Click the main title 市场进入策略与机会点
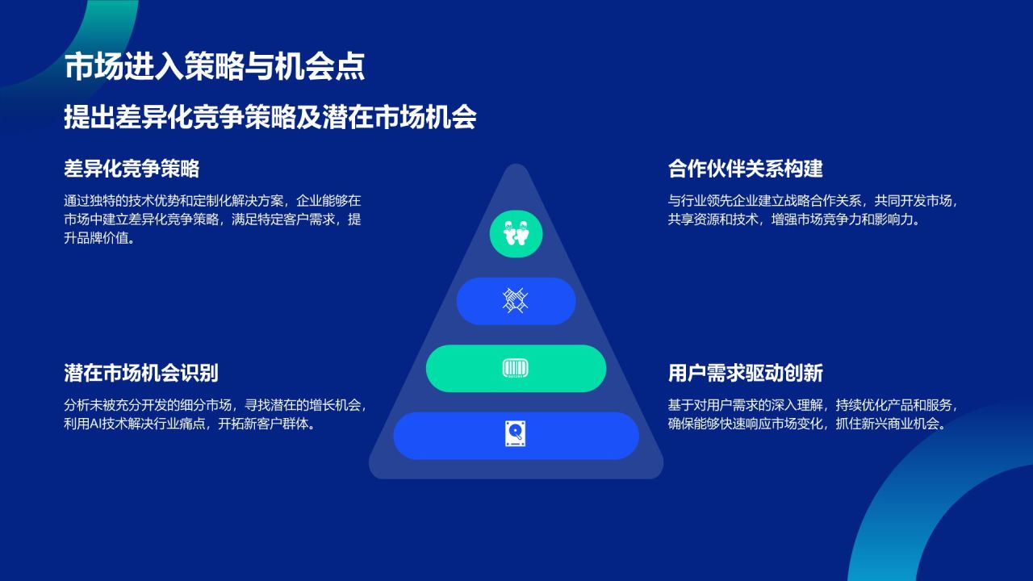tap(214, 67)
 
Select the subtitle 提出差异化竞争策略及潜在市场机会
tap(270, 118)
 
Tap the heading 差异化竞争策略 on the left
tap(132, 169)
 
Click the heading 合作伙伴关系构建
tap(745, 169)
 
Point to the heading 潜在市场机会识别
tap(141, 374)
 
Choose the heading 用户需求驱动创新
tap(745, 374)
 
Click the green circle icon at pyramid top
tap(516, 233)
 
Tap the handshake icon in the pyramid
tap(516, 301)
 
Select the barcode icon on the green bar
tap(516, 369)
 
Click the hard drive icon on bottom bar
tap(516, 436)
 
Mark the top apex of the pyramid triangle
tap(516, 167)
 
